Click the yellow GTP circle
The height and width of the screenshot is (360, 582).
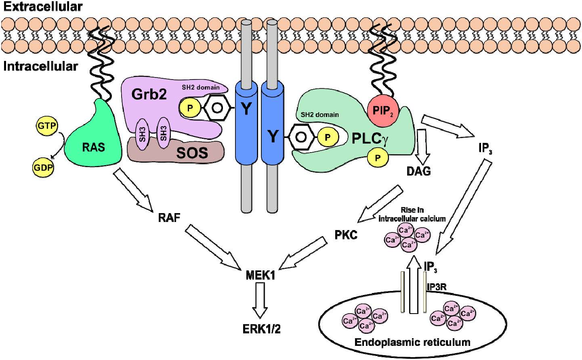[47, 126]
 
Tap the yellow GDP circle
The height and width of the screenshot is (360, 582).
[43, 167]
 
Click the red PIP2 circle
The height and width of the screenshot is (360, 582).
[382, 110]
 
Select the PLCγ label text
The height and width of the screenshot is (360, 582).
[370, 138]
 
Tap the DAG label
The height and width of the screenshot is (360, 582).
[418, 171]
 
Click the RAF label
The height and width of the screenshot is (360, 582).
[169, 218]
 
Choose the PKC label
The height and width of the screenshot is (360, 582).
[346, 234]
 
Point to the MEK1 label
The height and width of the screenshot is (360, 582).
[261, 276]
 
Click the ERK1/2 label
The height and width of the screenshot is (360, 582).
[261, 329]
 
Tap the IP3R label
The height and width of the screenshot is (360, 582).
[436, 287]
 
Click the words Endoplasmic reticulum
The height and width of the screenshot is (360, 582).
[412, 342]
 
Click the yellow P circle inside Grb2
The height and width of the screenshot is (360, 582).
[189, 108]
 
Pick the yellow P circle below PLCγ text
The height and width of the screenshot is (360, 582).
[378, 158]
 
